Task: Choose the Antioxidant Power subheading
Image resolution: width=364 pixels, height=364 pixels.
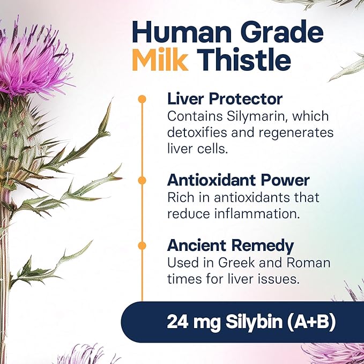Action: (x=238, y=180)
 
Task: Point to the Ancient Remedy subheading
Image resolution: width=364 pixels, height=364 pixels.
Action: (x=231, y=246)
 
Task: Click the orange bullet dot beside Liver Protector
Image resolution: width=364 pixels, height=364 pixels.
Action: (x=142, y=99)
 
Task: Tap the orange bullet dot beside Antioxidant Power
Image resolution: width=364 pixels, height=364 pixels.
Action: (x=142, y=180)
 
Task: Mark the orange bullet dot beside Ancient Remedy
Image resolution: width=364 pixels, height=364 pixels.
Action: (x=142, y=246)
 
